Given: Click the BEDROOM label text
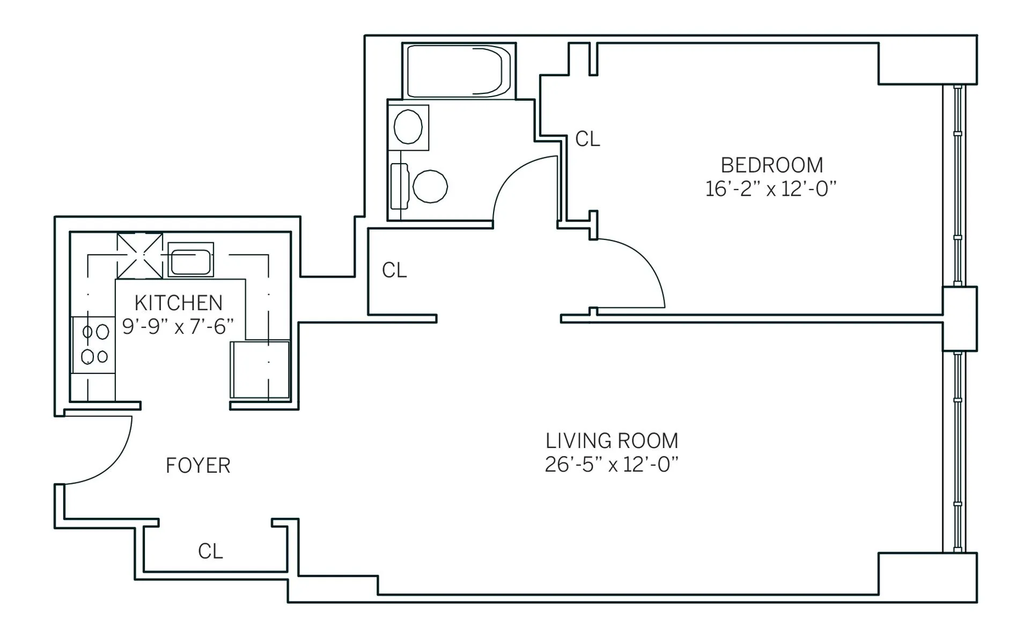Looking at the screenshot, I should click(x=771, y=165).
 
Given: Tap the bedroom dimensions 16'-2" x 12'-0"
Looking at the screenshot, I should click(x=771, y=189).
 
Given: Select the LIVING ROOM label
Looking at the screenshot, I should click(x=612, y=441).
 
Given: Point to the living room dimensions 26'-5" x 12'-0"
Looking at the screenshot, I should click(x=612, y=464).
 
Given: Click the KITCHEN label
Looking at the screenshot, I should click(x=178, y=303).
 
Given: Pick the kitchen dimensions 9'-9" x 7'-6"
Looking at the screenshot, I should click(x=178, y=326).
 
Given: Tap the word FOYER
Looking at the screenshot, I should click(x=198, y=465).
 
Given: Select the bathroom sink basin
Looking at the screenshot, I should click(x=408, y=127).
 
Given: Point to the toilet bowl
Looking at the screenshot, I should click(x=430, y=187).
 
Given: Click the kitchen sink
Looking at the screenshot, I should click(x=190, y=261).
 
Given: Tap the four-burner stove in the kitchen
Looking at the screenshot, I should click(x=94, y=344).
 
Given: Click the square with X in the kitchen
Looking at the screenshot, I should click(x=139, y=255).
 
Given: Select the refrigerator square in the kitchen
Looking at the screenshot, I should click(x=260, y=370).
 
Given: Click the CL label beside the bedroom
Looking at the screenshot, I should click(x=587, y=140).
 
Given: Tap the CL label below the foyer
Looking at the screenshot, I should click(x=210, y=551).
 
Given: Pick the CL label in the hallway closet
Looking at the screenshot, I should click(x=394, y=270).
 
